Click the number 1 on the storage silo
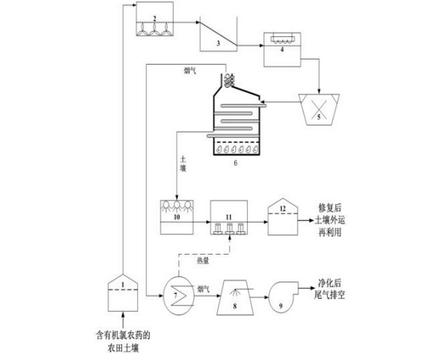tap(123, 285)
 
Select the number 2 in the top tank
tap(154, 18)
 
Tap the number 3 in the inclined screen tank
tap(218, 43)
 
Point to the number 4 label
tap(282, 50)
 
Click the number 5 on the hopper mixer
tap(319, 117)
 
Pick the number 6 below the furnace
tap(236, 163)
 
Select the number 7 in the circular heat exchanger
tap(176, 295)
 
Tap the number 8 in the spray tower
tap(235, 307)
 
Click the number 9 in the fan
tap(280, 307)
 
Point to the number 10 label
tap(177, 217)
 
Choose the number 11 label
tap(228, 217)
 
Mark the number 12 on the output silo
tap(283, 209)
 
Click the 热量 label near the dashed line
tap(203, 261)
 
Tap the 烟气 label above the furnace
tap(190, 71)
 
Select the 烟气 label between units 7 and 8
tap(203, 289)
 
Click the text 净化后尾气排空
tap(329, 289)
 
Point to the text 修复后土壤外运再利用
tap(330, 220)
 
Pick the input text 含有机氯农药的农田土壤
tap(123, 341)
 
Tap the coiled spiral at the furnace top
tap(229, 81)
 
